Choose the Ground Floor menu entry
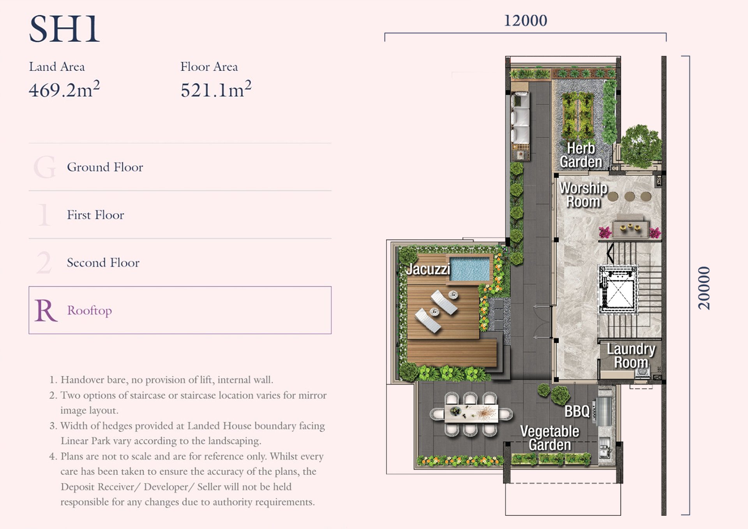click(x=105, y=167)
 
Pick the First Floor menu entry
click(x=95, y=215)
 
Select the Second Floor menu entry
click(x=103, y=263)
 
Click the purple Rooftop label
click(x=89, y=310)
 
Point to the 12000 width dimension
click(x=526, y=21)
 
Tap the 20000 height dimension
click(x=704, y=288)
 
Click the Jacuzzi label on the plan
click(x=428, y=269)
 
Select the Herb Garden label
click(x=581, y=155)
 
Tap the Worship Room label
click(x=583, y=195)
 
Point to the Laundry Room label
click(x=631, y=356)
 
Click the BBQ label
click(x=577, y=411)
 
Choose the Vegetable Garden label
click(x=550, y=438)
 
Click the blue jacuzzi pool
click(x=470, y=269)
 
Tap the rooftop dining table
click(x=471, y=414)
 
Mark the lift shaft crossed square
click(x=618, y=289)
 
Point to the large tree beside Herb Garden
click(x=641, y=146)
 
